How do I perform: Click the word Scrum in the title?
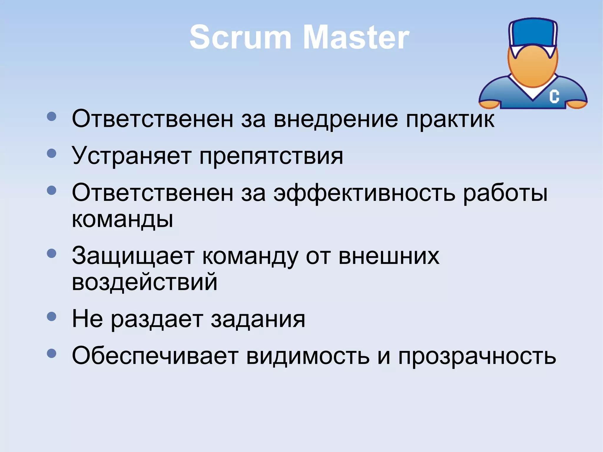(x=240, y=37)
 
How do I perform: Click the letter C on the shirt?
(x=554, y=96)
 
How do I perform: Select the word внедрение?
(x=335, y=119)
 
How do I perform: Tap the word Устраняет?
(x=132, y=156)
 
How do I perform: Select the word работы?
(x=505, y=194)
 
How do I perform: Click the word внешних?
(x=389, y=256)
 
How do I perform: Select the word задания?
(x=258, y=319)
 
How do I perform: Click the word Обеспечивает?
(x=155, y=356)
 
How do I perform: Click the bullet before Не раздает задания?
(x=52, y=317)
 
